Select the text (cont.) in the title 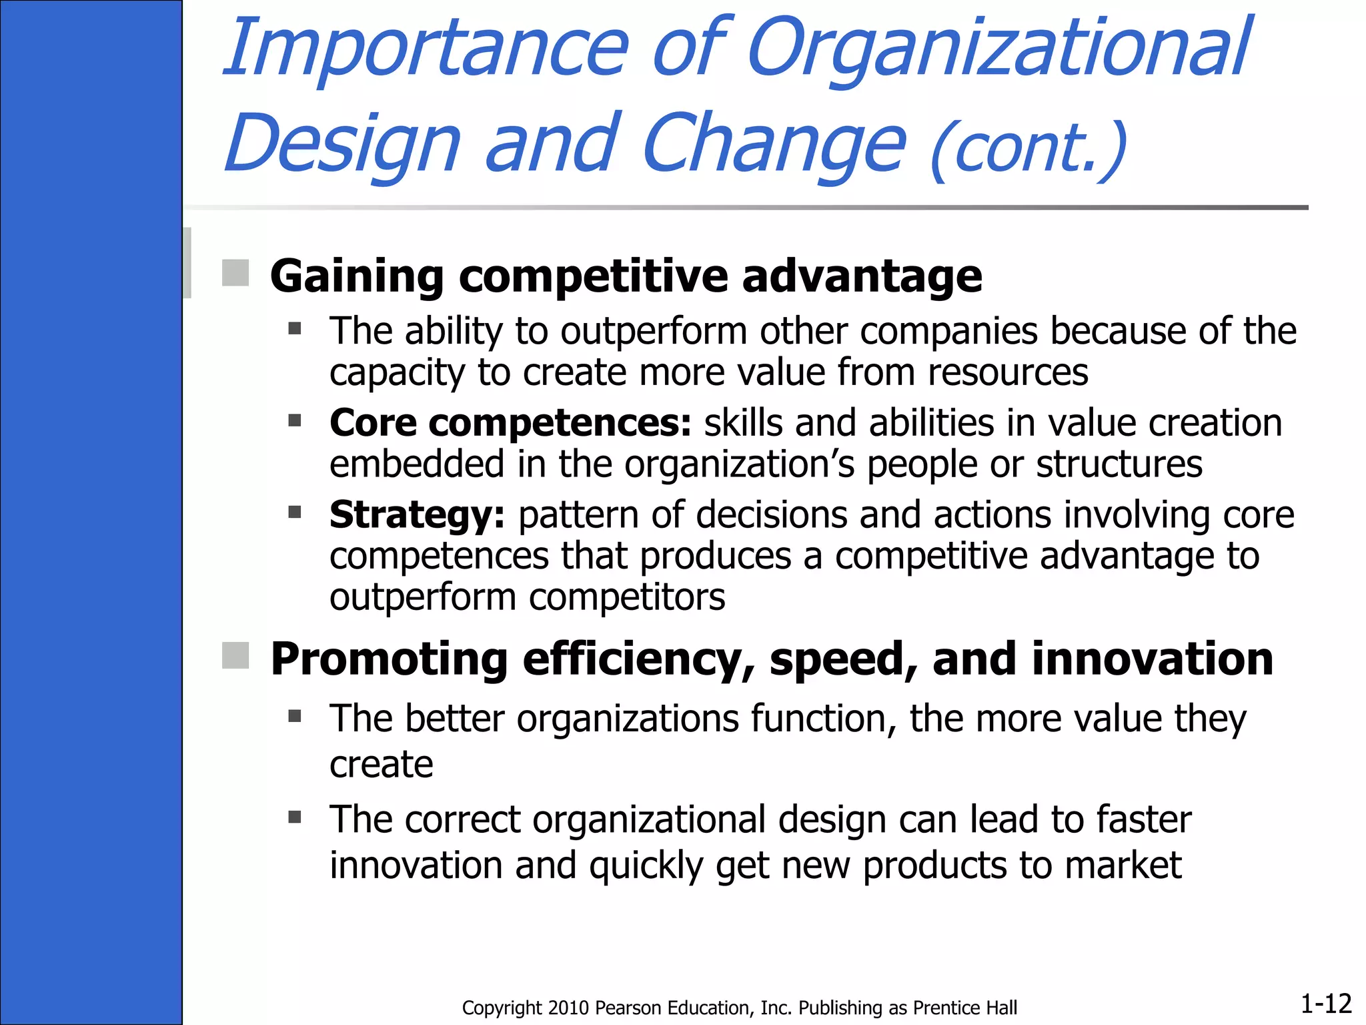[x=1027, y=150]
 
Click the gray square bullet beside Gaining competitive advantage [x=235, y=273]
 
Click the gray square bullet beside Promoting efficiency [x=235, y=655]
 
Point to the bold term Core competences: [x=510, y=423]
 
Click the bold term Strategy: [x=417, y=515]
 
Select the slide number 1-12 [x=1325, y=1003]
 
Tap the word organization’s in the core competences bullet [x=739, y=464]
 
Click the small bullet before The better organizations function [x=295, y=716]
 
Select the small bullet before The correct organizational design [x=295, y=817]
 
